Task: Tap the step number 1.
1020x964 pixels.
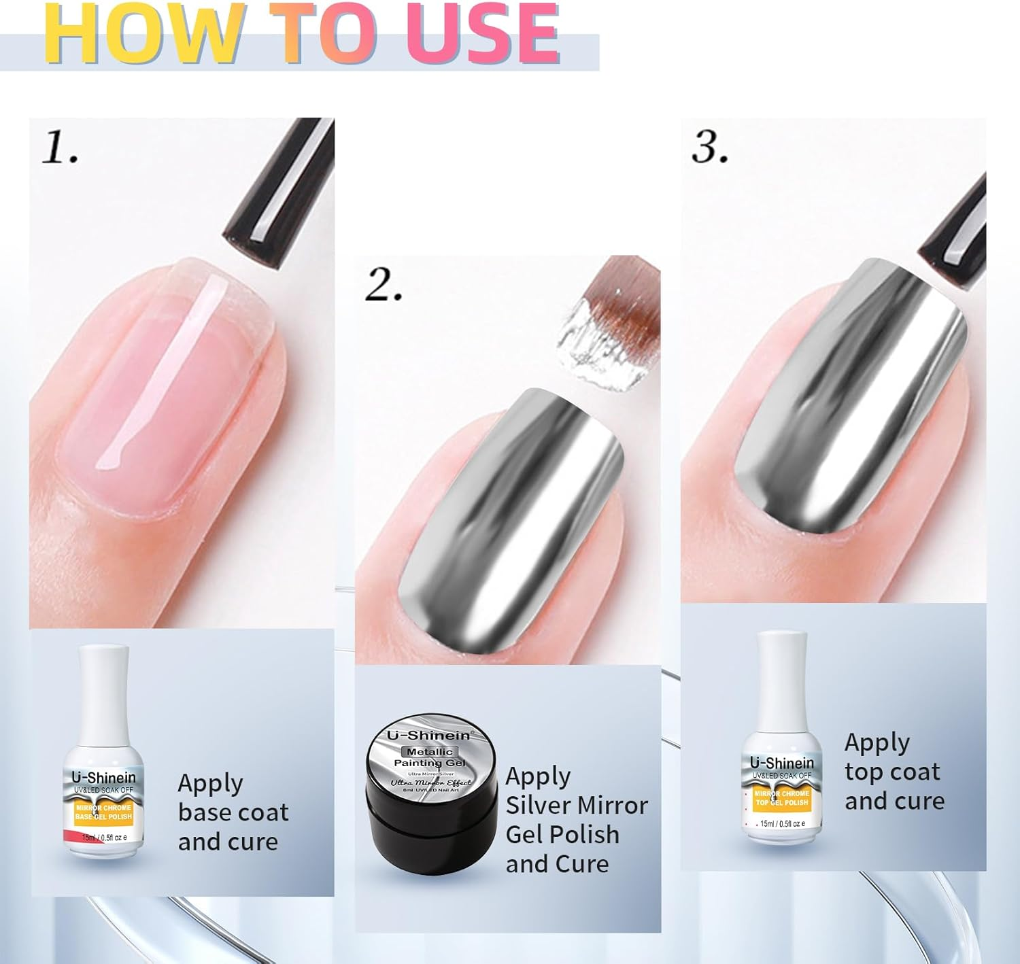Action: [x=60, y=148]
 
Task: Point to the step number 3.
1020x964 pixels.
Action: [x=709, y=147]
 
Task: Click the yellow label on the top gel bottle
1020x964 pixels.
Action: [x=782, y=798]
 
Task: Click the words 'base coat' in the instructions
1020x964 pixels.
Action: [x=233, y=812]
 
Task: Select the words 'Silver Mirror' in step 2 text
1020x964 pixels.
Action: [x=576, y=806]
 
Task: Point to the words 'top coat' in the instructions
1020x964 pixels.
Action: [x=891, y=772]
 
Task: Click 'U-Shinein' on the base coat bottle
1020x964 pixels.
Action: [x=103, y=777]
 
